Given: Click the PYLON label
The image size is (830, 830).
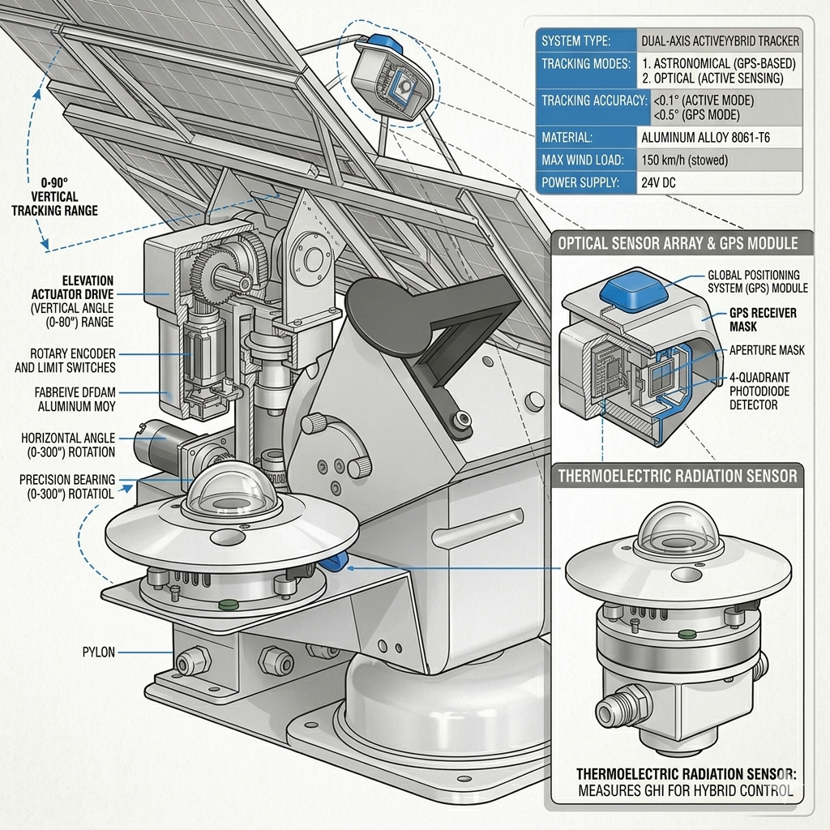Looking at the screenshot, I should click(x=99, y=652).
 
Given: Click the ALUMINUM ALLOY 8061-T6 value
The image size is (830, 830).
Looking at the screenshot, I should click(x=705, y=138).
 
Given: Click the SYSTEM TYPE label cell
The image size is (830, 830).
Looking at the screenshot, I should click(x=576, y=41).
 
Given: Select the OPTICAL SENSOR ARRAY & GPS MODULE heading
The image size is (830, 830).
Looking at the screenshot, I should click(x=678, y=243).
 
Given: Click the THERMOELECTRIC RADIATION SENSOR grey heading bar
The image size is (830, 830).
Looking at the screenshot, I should click(x=678, y=476).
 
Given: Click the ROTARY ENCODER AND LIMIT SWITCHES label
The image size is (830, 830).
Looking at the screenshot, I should click(x=65, y=361).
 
